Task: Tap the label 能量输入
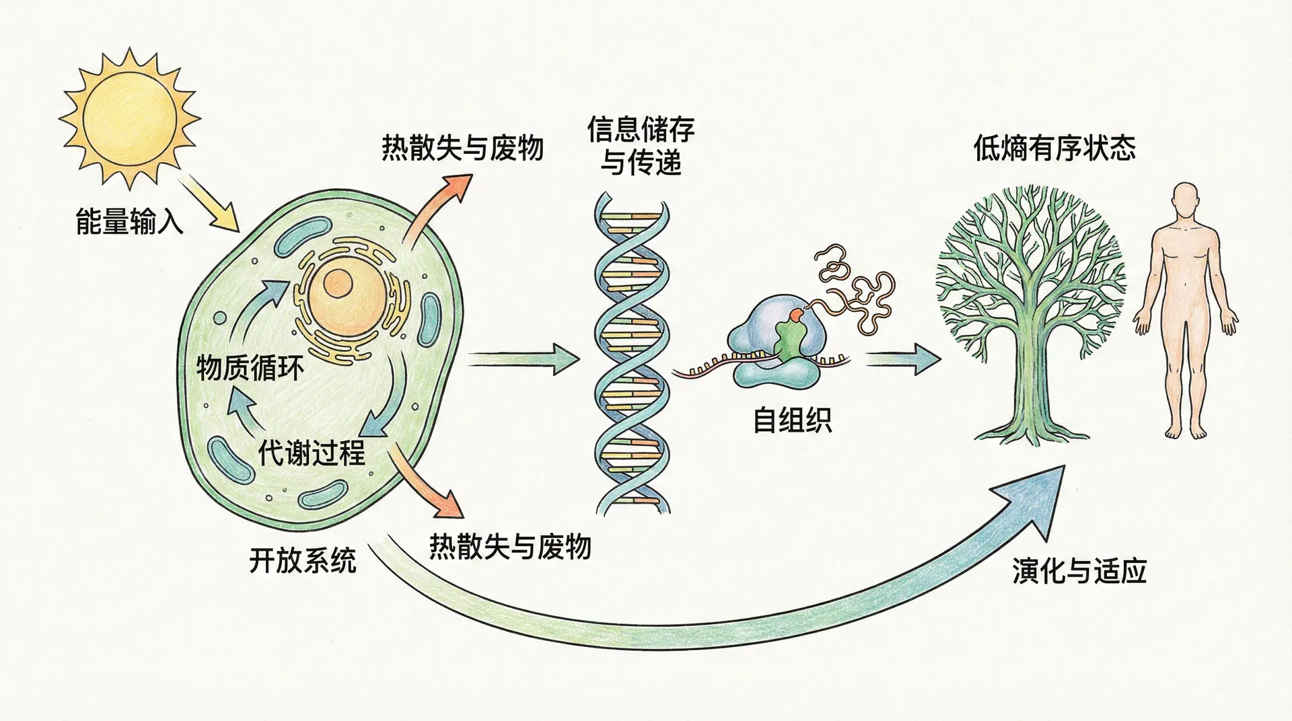129,221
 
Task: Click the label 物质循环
250,367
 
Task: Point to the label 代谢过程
312,453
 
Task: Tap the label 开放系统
303,560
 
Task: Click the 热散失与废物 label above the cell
462,147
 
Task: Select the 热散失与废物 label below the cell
510,546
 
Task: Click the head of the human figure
1186,200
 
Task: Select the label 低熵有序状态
1054,148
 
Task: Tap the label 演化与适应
1079,571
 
